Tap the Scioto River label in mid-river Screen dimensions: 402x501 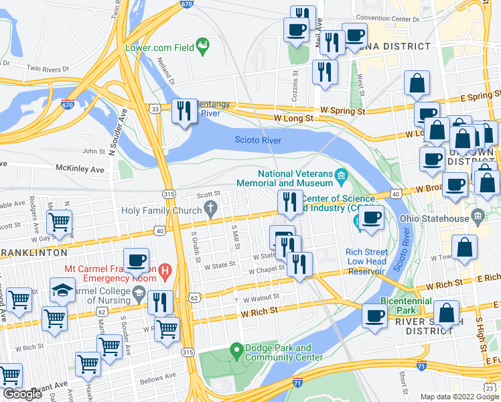(x=258, y=140)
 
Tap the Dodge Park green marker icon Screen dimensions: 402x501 (x=236, y=350)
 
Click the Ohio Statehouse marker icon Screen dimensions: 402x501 (x=477, y=216)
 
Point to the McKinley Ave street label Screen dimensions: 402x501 (x=80, y=170)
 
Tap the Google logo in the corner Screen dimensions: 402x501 (x=22, y=394)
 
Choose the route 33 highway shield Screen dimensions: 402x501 (x=155, y=109)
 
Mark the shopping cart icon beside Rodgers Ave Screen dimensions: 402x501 (x=60, y=221)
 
